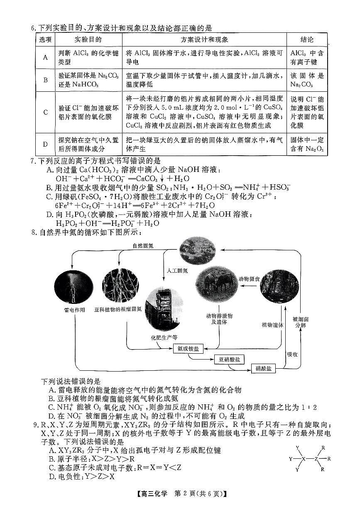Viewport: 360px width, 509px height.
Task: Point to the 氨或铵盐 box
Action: (188, 348)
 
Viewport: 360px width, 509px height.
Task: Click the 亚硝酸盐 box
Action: (229, 359)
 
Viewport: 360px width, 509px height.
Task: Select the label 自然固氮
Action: (143, 246)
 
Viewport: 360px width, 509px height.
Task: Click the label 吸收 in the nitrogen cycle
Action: (292, 354)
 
